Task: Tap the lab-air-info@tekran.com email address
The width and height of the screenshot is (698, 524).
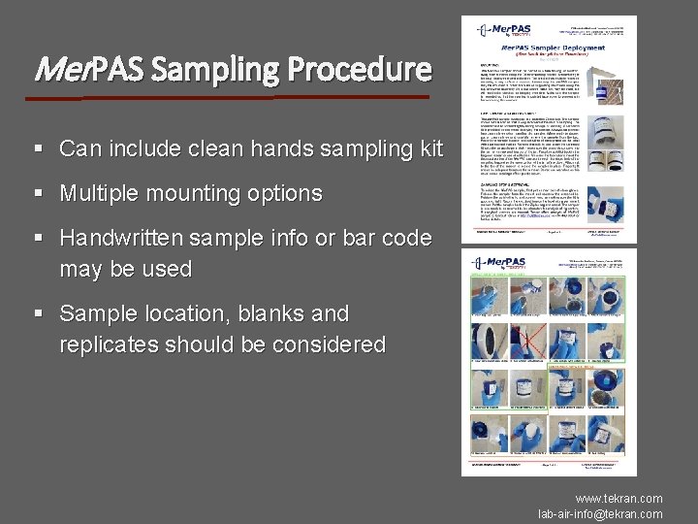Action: (600, 513)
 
